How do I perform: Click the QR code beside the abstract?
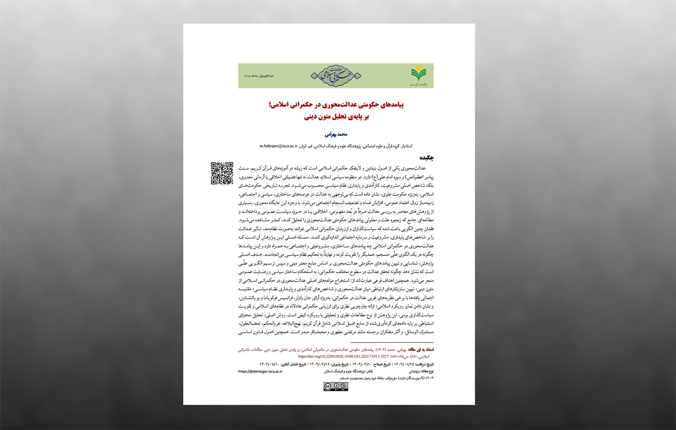tap(222, 173)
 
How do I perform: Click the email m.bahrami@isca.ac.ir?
tap(278, 145)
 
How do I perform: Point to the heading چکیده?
tap(426, 157)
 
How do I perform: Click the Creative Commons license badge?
tap(335, 386)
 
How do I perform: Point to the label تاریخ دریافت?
tap(422, 364)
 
